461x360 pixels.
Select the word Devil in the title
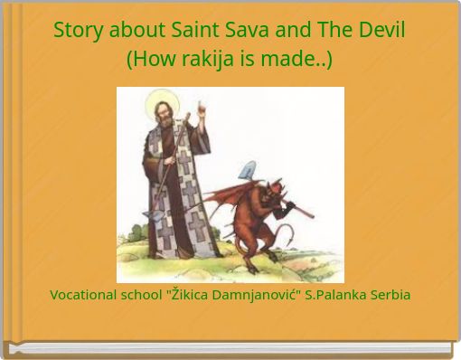[x=381, y=29]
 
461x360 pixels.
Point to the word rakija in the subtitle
[x=193, y=60]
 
